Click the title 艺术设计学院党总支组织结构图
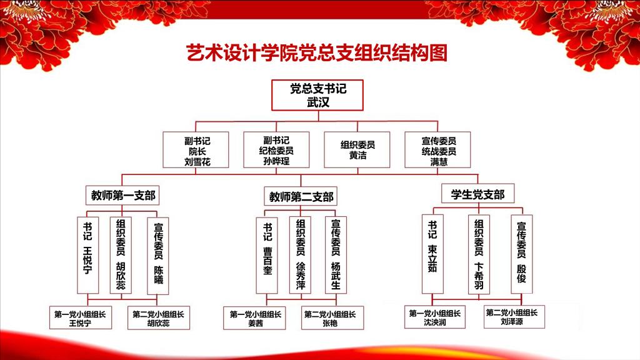point(317,53)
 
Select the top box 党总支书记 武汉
point(317,95)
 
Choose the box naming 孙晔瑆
point(277,150)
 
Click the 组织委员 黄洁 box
point(357,150)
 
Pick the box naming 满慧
point(438,150)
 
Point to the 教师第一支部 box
point(121,196)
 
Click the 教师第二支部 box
point(301,197)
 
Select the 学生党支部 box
point(477,194)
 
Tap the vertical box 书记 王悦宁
point(87,254)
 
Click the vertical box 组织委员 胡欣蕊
point(121,254)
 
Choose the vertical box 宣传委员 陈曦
point(157,254)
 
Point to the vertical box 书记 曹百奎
point(267,254)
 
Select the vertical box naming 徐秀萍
point(300,254)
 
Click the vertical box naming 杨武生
point(336,254)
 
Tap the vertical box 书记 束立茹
point(432,254)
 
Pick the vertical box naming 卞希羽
point(478,254)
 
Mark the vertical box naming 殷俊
point(521,254)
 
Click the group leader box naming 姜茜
point(254,318)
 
